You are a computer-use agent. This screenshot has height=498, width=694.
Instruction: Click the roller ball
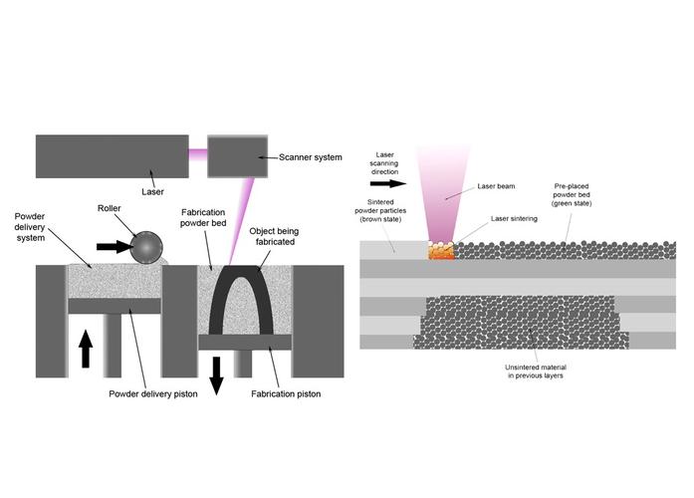click(146, 247)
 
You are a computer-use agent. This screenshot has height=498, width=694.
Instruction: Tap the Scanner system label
click(311, 157)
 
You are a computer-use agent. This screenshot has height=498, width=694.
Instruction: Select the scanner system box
click(238, 156)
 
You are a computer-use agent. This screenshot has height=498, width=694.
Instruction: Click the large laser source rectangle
click(112, 156)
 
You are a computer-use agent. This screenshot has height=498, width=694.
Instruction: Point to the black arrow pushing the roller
click(115, 247)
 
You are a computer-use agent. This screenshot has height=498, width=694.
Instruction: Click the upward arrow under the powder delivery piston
click(86, 350)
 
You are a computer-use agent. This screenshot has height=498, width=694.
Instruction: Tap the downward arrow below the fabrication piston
click(216, 375)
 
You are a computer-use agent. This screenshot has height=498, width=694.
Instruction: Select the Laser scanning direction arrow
click(388, 183)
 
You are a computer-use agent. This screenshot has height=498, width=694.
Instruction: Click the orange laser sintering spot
click(442, 251)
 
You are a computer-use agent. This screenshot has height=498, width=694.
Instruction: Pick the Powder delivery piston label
click(153, 393)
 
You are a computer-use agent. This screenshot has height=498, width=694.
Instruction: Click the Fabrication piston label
click(286, 393)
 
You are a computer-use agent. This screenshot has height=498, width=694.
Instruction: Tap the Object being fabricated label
click(274, 236)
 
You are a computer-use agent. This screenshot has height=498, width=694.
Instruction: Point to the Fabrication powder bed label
click(203, 218)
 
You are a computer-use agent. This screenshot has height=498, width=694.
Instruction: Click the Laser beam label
click(496, 186)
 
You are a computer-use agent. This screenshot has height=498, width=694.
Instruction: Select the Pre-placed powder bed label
click(572, 195)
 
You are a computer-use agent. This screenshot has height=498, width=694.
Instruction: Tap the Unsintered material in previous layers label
click(536, 372)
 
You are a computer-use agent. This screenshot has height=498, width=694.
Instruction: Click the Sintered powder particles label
click(380, 211)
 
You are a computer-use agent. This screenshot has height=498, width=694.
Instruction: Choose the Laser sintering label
click(514, 219)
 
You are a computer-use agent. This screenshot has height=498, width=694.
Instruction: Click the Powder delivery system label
click(30, 227)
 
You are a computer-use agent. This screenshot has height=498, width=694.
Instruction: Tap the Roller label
click(110, 208)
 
